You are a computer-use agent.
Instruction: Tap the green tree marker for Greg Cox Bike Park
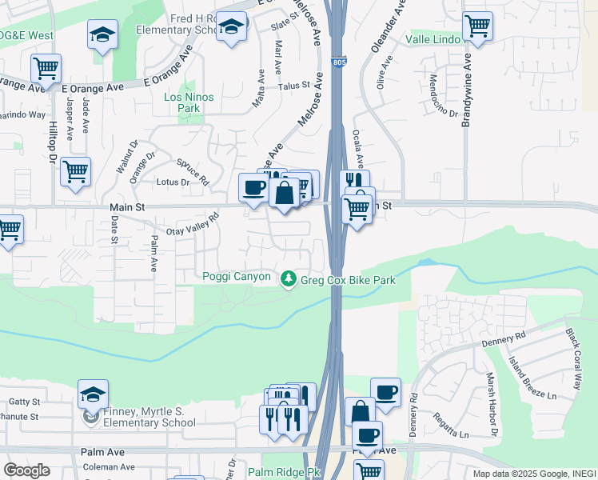point(288,279)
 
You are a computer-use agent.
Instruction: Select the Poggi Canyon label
point(236,277)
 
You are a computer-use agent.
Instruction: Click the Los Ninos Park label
point(181,102)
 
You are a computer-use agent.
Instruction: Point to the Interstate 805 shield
point(340,61)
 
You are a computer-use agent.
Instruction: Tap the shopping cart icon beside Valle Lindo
point(477,25)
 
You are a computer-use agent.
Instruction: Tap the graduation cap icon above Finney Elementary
point(93,394)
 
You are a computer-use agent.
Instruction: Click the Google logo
point(26,470)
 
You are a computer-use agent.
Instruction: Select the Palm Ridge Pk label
point(284,473)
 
